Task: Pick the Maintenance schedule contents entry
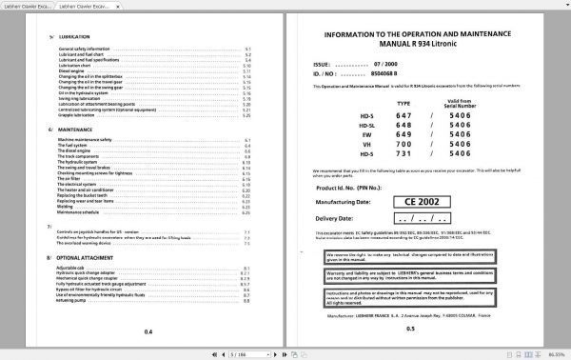(81, 213)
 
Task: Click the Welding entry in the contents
(67, 208)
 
